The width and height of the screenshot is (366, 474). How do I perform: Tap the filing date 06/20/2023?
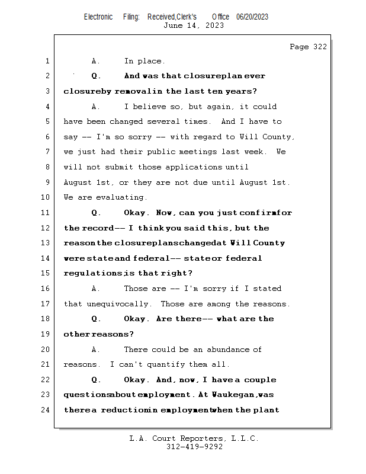point(252,17)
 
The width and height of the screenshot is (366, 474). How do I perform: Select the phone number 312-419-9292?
point(194,447)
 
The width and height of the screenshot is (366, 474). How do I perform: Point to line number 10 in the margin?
point(47,197)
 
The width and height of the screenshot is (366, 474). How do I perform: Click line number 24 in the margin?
point(47,410)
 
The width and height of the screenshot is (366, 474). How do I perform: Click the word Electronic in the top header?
point(98,17)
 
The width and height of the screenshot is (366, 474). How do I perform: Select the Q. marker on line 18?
point(97,319)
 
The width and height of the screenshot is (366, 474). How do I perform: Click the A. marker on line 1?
point(96,61)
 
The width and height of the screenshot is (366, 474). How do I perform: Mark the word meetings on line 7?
point(210,152)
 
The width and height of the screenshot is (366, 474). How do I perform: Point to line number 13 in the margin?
point(47,243)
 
